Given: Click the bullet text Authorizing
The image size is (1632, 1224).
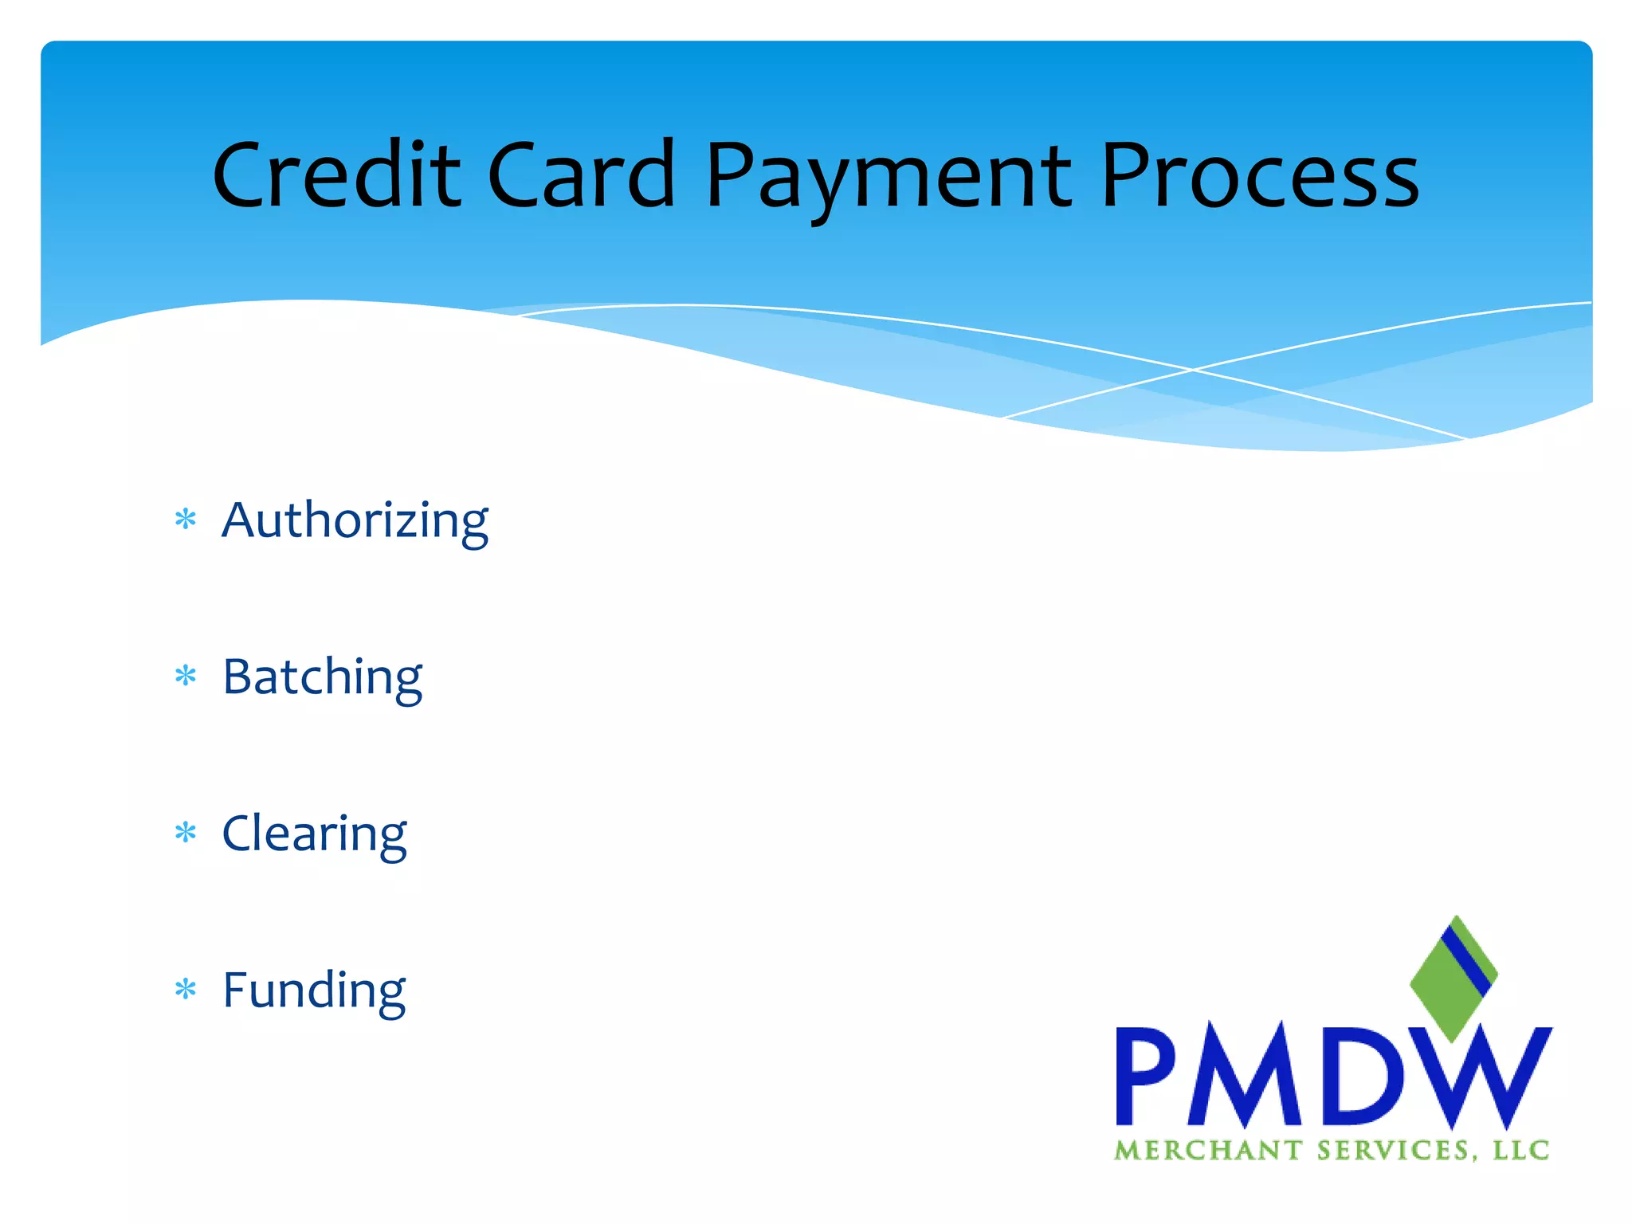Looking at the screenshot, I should [355, 520].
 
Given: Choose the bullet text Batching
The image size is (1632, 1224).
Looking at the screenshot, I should [322, 677].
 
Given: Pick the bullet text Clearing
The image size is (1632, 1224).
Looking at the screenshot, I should [314, 834].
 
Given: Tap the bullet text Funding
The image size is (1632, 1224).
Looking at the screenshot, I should [314, 990].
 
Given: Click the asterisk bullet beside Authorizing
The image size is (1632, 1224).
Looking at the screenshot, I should [186, 520].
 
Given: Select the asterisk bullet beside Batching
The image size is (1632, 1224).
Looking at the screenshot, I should [186, 677].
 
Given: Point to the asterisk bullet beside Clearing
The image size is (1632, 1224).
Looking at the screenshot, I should [186, 834].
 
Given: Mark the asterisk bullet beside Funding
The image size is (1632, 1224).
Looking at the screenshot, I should [186, 990].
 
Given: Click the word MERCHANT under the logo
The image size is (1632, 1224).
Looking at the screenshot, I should [1207, 1151].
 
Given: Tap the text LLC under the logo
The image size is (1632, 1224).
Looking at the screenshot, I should [1520, 1151].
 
